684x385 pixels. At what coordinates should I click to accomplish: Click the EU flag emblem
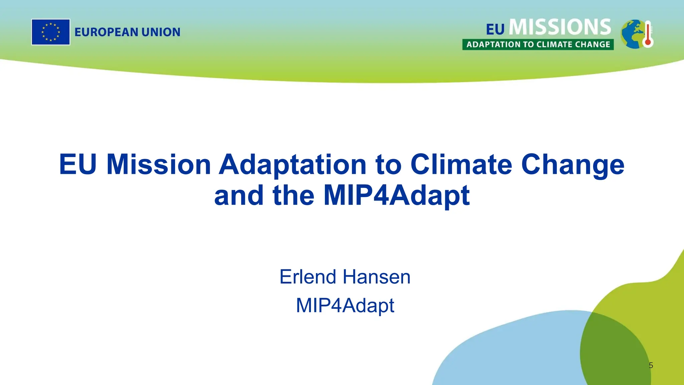click(x=51, y=32)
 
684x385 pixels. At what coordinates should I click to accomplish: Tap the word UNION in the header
click(x=161, y=32)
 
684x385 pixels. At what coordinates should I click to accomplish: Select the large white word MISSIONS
click(x=560, y=27)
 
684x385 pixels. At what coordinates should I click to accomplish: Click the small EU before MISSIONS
click(x=495, y=29)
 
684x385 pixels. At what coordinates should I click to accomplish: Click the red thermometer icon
click(x=648, y=34)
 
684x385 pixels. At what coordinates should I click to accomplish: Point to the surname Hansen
click(x=376, y=277)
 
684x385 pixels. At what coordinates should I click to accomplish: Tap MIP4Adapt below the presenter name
click(x=345, y=305)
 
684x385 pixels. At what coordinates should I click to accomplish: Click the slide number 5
click(x=651, y=365)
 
